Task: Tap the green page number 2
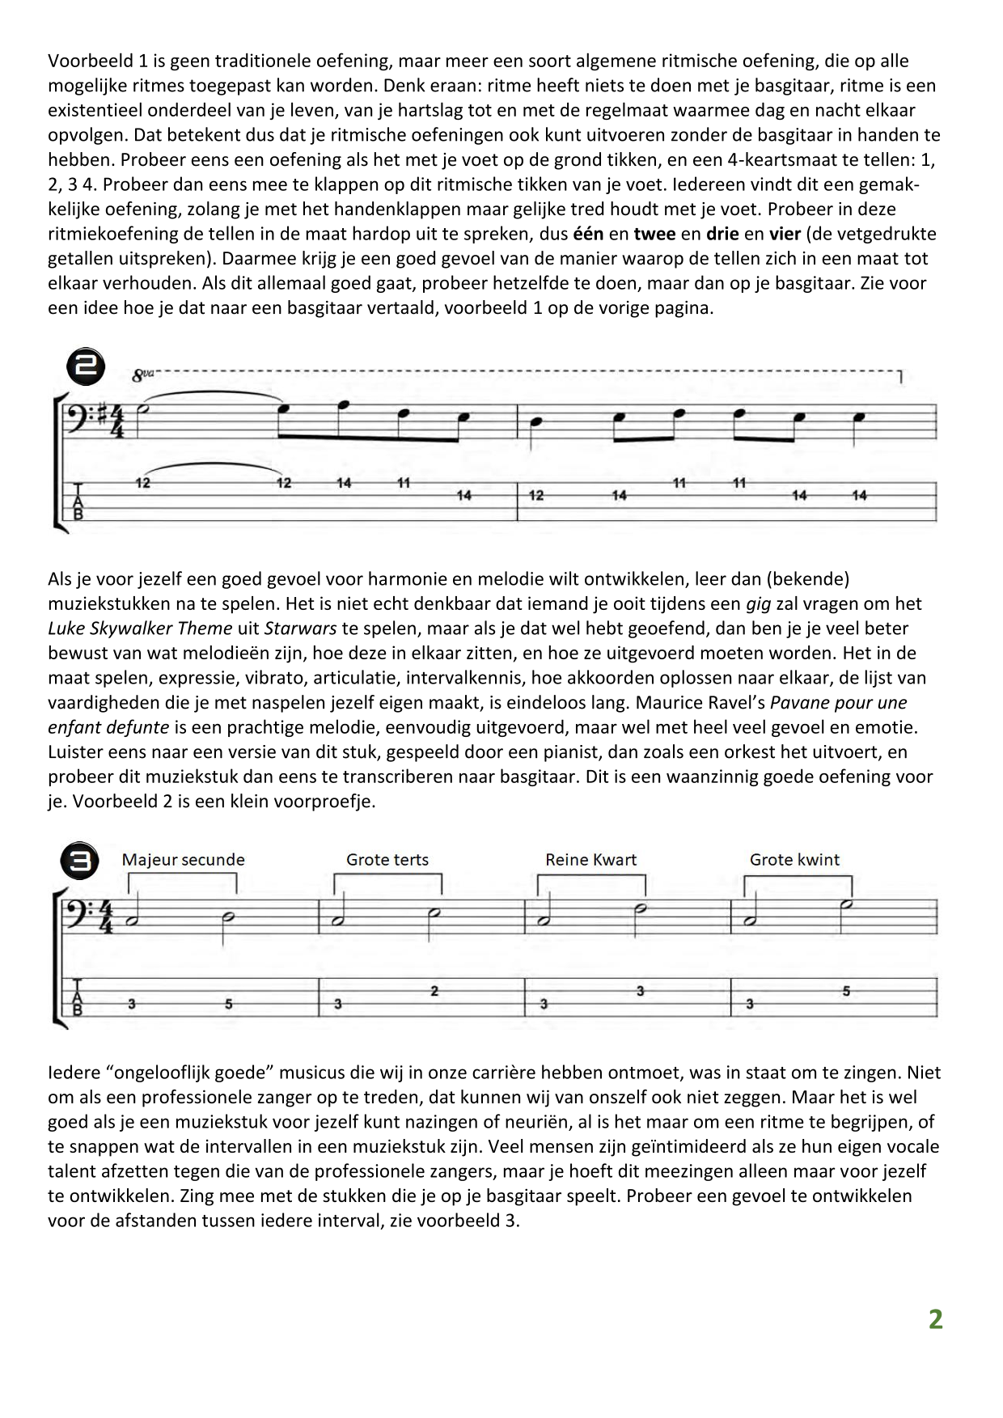(935, 1319)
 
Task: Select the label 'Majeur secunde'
(183, 860)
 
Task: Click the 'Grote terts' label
(387, 860)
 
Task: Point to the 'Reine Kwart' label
(590, 860)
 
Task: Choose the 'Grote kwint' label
(794, 860)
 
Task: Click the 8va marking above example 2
(142, 375)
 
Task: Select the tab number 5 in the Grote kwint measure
(846, 990)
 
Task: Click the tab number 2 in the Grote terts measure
(434, 990)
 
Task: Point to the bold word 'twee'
(654, 235)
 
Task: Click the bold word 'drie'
(722, 235)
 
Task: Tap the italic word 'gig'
(757, 603)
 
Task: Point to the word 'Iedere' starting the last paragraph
(73, 1073)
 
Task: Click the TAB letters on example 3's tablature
(78, 997)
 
